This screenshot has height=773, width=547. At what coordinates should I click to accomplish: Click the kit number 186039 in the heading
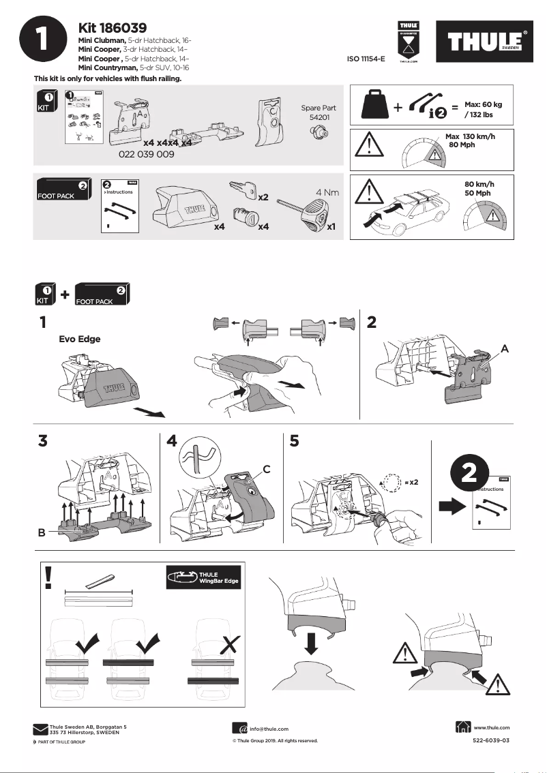tap(113, 28)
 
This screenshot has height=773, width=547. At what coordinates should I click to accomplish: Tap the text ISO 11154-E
tap(366, 59)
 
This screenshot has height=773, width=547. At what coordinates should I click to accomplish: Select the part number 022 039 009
tap(146, 155)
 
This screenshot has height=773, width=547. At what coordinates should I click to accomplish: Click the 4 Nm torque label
tap(327, 193)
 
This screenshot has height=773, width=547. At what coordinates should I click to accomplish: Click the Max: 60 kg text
tap(483, 105)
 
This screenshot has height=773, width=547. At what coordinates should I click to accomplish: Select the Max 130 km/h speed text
tap(470, 137)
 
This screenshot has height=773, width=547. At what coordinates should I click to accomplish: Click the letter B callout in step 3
tap(42, 534)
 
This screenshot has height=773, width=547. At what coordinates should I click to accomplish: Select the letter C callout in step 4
tap(267, 468)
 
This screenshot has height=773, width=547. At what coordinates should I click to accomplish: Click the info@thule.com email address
tap(268, 729)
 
